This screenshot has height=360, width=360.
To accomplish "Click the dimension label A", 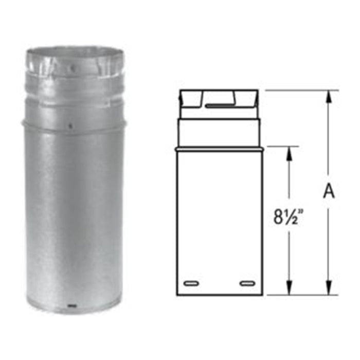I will coord(329,191).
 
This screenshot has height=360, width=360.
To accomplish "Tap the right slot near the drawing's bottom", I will coord(247,283).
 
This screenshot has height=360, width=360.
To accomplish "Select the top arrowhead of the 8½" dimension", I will coord(290,152).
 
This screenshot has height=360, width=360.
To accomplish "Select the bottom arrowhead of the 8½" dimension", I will coord(290,290).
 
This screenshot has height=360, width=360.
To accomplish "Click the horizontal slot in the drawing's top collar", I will coord(218,106).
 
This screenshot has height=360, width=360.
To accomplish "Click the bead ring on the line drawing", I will coord(219,149).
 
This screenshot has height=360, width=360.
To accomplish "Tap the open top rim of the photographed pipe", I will coord(75,50).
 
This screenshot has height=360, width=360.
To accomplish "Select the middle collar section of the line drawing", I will coord(219,133).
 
